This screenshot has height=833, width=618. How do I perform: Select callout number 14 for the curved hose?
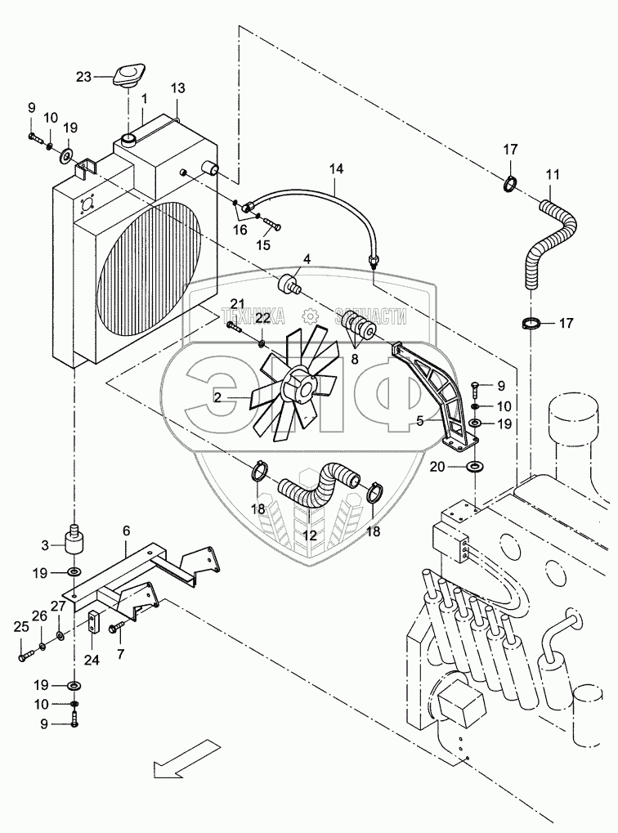pyautogui.click(x=337, y=170)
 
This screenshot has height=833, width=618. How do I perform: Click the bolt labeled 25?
pyautogui.click(x=27, y=652)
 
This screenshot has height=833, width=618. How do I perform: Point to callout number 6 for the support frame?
pyautogui.click(x=126, y=531)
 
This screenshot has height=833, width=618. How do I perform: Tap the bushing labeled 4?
pyautogui.click(x=289, y=287)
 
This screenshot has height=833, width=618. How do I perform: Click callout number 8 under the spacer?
pyautogui.click(x=354, y=357)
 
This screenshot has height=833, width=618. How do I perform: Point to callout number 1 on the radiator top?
pyautogui.click(x=144, y=99)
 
